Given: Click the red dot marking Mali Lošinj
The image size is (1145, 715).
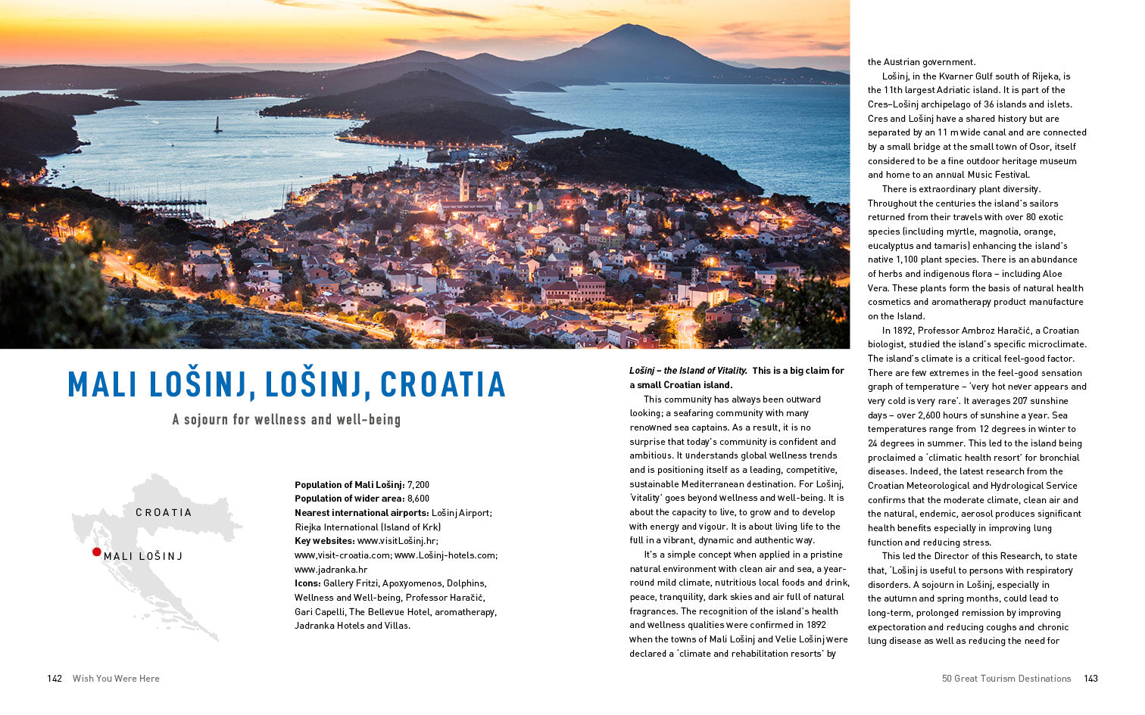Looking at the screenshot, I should coord(97,552).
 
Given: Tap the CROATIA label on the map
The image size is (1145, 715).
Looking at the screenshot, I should coord(164,512).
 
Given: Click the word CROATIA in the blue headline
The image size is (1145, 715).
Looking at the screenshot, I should coord(443,384).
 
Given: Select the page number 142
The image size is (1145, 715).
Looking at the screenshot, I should coord(55,679).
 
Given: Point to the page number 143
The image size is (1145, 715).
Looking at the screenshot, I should coord(1090,679).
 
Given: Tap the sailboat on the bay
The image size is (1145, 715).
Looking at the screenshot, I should coord(218,125).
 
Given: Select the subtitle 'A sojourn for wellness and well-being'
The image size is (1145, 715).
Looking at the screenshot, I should coord(286,419).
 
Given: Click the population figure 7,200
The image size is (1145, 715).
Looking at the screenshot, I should coord(418,485).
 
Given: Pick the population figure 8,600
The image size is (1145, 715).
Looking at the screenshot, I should coord(418,499).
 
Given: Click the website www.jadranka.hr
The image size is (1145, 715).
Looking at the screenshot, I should coord(331,569).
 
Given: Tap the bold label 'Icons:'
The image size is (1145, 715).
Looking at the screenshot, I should coord(307,583).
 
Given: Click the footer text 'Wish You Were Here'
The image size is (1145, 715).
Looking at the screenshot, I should coord(116,679).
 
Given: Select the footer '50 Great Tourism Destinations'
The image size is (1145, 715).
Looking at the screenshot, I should coord(1006,679).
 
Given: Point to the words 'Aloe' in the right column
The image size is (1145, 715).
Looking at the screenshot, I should coord(1051,274).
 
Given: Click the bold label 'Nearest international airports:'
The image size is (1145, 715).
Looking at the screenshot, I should coord(362,513).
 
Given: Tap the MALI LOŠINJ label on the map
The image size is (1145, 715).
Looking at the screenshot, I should coord(143,556).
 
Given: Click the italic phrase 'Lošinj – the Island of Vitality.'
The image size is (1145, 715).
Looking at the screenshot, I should coord(688,371).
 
